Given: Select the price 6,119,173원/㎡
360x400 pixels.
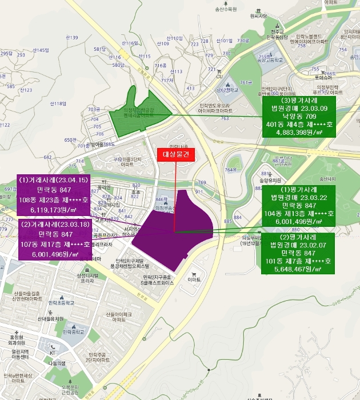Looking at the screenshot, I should pyautogui.click(x=54, y=210).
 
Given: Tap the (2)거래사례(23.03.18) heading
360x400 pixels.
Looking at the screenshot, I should pyautogui.click(x=54, y=224).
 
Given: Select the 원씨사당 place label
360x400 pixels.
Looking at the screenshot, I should pyautogui.click(x=258, y=17).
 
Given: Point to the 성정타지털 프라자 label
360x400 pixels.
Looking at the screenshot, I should pyautogui.click(x=87, y=278).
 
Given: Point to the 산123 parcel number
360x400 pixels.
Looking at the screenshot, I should pyautogui.click(x=26, y=90).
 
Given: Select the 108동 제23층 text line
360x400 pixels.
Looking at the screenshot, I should pyautogui.click(x=54, y=201).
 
